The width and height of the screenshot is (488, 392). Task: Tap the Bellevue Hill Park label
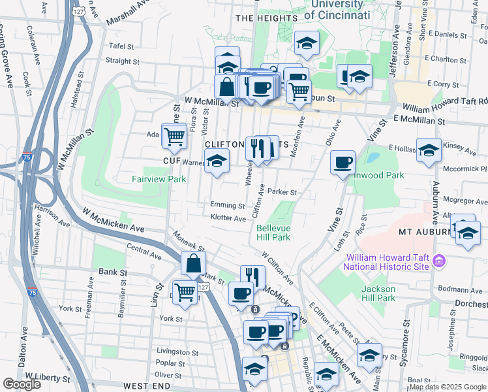273,233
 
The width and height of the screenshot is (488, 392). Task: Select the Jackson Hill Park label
378,293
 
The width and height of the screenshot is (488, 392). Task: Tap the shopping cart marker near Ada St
174,136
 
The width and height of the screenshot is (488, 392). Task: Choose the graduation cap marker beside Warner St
216,161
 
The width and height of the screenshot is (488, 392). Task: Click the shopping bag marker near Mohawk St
194,264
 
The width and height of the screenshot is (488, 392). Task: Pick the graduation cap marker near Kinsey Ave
429,152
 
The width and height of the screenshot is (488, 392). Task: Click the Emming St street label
227,204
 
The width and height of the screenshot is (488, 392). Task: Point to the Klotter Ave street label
228,217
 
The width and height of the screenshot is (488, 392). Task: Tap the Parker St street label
283,192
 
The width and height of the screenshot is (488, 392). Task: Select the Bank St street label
108,271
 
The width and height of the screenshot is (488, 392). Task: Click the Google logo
22,384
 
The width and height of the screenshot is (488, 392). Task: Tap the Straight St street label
119,61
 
